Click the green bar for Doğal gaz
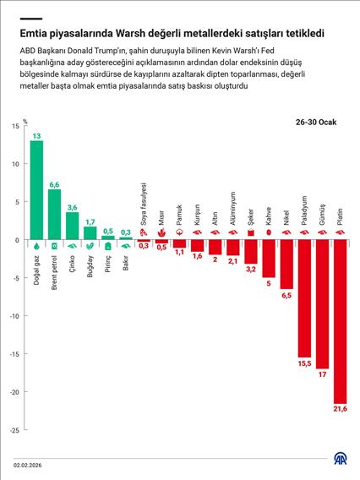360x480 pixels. [x=36, y=190]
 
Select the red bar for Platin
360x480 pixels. [x=341, y=321]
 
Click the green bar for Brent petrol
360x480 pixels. [x=54, y=215]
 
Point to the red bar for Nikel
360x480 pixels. [x=286, y=265]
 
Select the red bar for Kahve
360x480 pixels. [x=269, y=259]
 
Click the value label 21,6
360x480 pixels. [x=341, y=409]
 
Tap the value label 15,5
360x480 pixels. [x=304, y=363]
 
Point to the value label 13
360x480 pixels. [x=36, y=135]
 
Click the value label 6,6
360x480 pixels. [x=54, y=184]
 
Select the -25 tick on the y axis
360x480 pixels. [x=14, y=430]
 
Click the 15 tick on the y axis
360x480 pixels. [x=16, y=126]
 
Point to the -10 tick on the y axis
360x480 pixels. [x=14, y=316]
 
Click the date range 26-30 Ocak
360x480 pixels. [x=315, y=123]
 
